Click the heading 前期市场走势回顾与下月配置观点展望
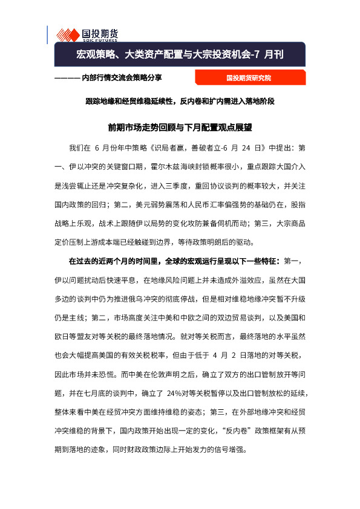(x=179, y=128)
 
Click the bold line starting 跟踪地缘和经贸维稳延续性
(x=179, y=101)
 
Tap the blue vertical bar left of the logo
(x=48, y=34)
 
